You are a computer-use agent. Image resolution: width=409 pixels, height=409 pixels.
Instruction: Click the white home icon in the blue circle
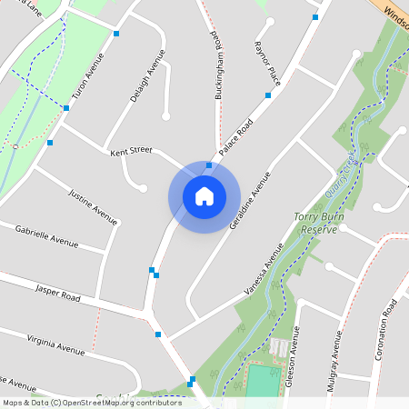point(204,195)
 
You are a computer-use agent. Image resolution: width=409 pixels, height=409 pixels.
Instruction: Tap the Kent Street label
point(130,152)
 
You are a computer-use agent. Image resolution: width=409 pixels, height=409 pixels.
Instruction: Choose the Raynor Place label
point(268,63)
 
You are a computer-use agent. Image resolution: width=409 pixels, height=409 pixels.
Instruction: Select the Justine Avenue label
point(94,206)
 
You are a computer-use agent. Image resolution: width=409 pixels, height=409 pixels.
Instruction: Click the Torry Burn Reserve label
point(316,224)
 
